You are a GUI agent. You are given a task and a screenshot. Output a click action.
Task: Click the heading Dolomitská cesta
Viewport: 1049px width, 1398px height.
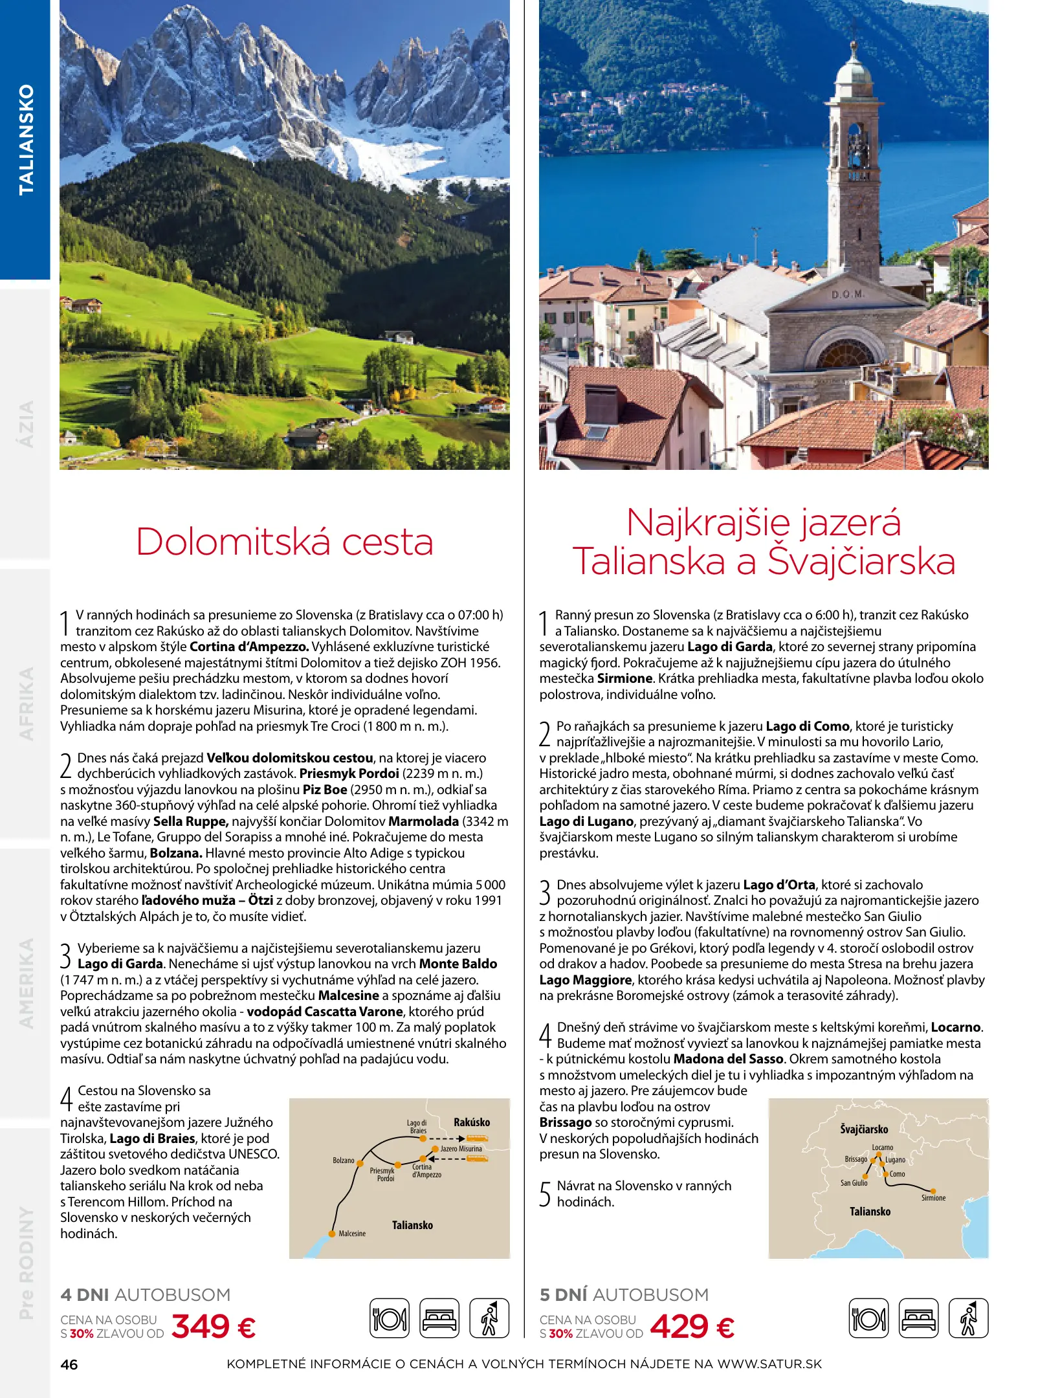284,542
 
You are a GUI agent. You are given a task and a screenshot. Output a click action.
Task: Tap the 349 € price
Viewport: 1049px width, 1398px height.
214,1326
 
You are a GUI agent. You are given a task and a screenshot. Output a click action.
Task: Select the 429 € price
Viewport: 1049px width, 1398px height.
692,1326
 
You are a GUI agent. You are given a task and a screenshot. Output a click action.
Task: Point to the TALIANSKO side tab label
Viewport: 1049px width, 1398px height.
26,139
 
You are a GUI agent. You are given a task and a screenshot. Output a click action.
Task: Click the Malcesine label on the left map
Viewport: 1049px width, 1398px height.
352,1234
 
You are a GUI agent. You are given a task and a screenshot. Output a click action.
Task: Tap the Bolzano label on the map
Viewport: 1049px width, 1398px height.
344,1160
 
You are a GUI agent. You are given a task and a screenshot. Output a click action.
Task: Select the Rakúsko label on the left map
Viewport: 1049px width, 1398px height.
472,1122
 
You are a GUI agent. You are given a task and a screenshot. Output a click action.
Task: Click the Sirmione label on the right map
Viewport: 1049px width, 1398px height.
933,1198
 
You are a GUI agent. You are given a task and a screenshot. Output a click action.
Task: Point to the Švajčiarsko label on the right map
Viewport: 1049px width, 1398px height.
864,1129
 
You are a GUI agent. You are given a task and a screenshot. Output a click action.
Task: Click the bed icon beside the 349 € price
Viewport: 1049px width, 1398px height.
439,1318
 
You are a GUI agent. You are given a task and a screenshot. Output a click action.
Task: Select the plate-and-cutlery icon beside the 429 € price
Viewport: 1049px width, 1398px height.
868,1318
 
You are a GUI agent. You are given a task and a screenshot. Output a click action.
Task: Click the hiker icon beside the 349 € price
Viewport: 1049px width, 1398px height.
489,1318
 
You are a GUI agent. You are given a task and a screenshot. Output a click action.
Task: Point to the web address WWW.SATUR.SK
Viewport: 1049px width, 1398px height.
769,1364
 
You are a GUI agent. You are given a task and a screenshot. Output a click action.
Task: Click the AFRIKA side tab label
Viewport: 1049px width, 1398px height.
26,704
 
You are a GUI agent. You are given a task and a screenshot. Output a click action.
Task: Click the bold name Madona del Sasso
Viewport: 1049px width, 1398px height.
728,1059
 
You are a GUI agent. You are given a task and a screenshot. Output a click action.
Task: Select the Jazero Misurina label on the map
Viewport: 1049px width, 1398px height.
461,1149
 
